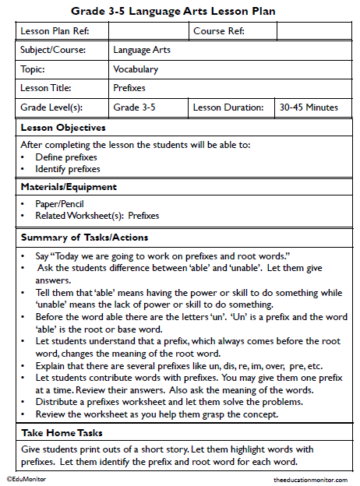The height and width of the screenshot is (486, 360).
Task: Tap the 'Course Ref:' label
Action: (220, 31)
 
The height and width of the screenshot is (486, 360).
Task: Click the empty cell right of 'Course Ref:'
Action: (313, 31)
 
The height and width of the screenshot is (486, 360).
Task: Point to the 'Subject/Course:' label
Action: (53, 50)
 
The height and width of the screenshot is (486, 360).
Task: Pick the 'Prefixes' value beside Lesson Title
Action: (129, 88)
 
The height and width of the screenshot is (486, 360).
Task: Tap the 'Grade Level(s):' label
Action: (51, 107)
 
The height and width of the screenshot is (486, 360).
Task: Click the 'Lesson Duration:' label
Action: (228, 107)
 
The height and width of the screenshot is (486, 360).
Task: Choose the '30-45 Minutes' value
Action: (309, 107)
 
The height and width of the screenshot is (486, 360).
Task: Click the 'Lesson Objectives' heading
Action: (63, 127)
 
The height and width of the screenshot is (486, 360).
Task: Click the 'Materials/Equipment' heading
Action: (69, 187)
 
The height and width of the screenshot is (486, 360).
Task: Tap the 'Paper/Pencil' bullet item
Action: (59, 205)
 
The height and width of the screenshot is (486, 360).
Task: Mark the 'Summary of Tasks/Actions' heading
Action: (84, 237)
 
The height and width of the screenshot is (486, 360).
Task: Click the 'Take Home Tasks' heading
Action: (62, 432)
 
